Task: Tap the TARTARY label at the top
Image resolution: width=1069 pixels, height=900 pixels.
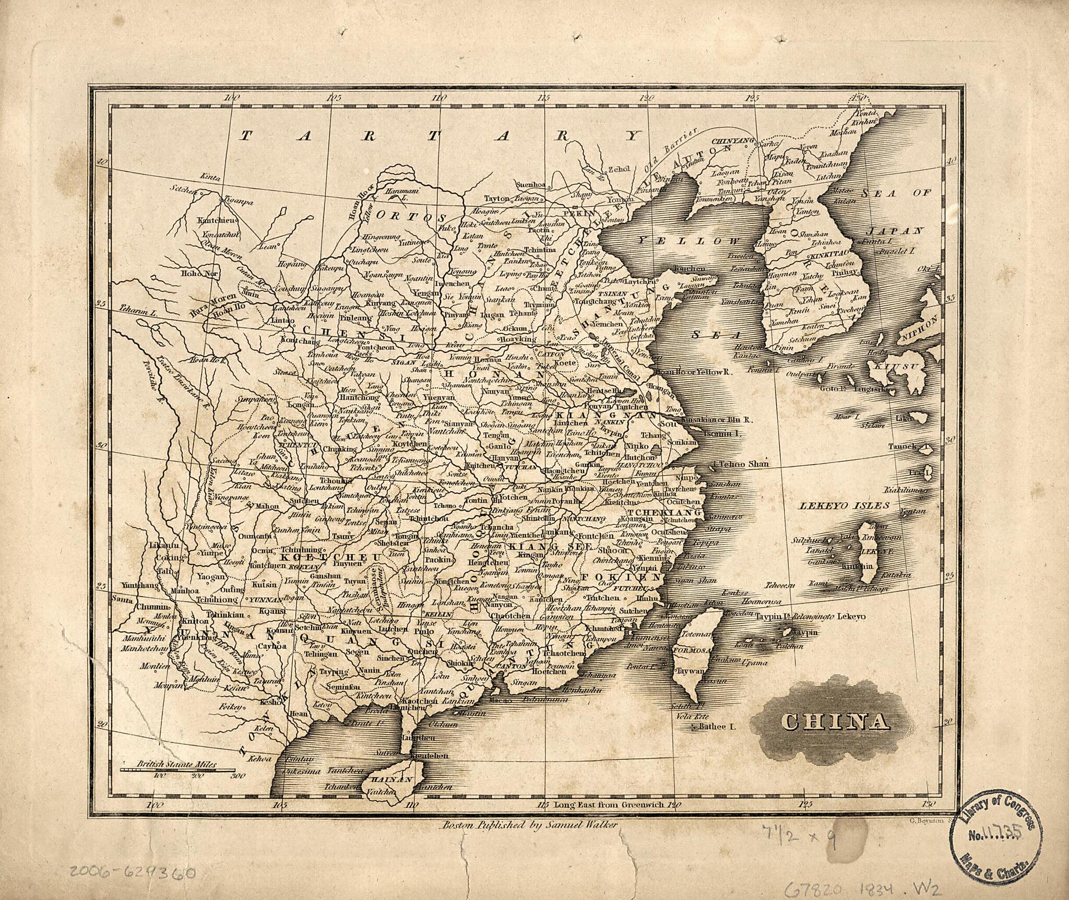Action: point(440,136)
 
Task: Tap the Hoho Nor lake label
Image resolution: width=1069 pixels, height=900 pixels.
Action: point(194,273)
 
